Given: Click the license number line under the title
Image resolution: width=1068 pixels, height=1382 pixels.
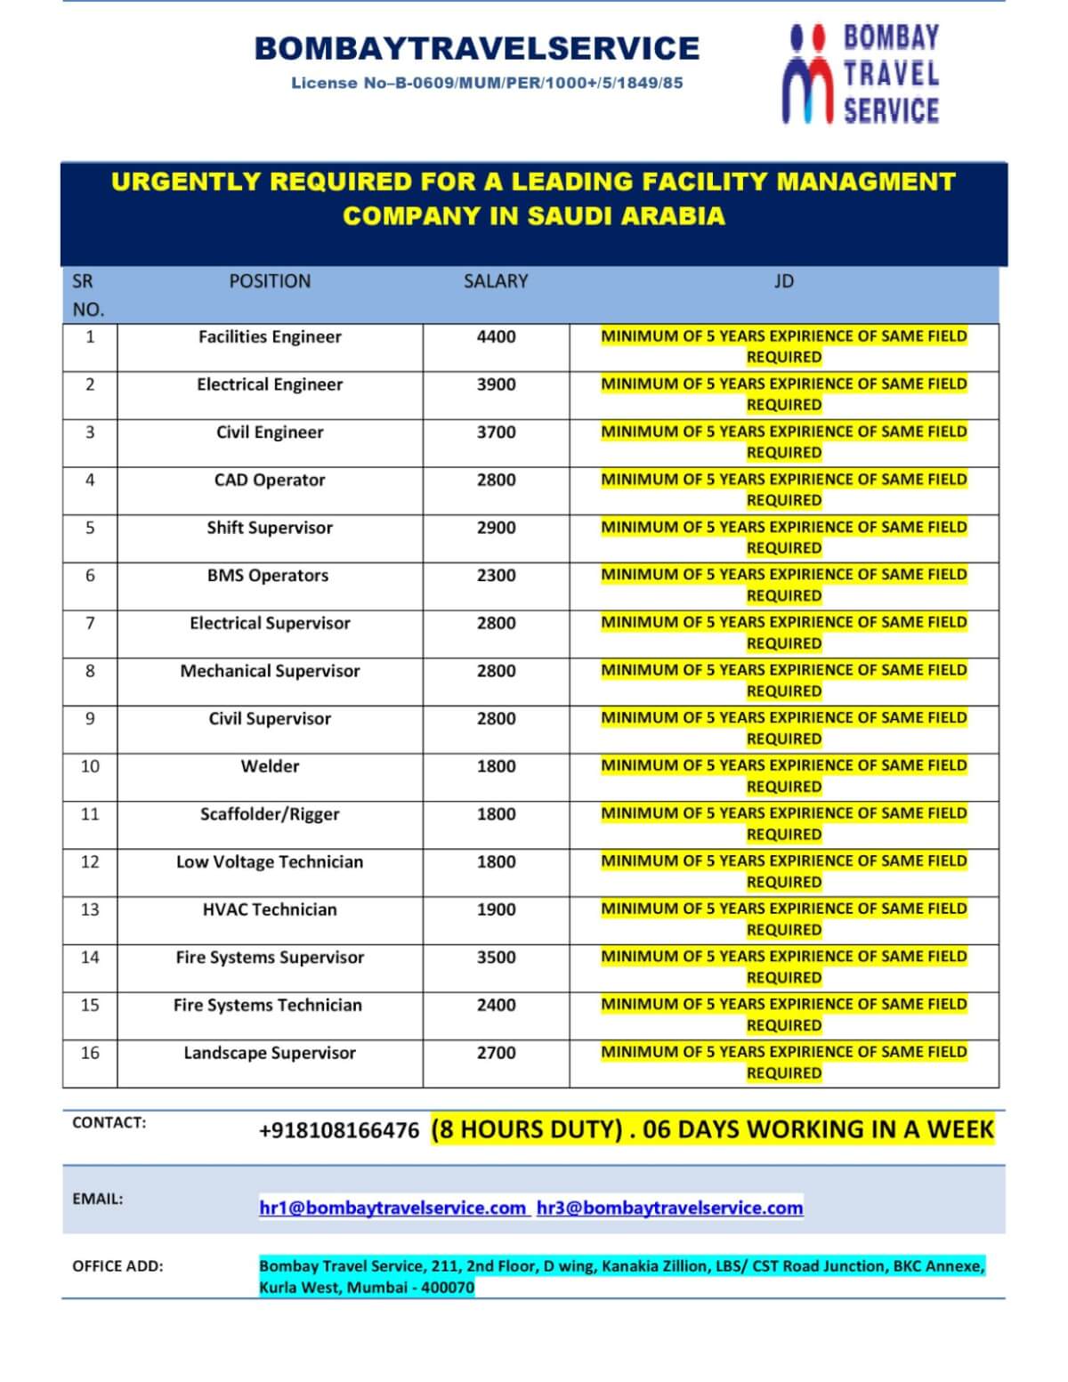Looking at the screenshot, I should [487, 83].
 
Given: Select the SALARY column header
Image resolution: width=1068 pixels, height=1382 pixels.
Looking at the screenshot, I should [496, 281].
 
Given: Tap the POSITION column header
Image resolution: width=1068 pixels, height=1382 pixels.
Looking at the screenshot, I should [270, 281].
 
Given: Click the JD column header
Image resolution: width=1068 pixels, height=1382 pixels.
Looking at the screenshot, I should [783, 281].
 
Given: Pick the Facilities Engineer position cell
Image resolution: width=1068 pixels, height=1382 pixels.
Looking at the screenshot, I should [270, 336].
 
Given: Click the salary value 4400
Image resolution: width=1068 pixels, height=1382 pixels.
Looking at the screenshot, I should [496, 336].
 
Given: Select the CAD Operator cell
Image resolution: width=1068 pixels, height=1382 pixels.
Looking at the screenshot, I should [270, 480].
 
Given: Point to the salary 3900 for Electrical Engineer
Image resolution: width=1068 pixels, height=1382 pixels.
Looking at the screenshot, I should [496, 384].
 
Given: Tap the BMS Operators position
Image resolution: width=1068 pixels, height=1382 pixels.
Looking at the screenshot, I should [268, 576].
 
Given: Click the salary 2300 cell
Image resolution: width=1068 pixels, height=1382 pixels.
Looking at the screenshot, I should [496, 576].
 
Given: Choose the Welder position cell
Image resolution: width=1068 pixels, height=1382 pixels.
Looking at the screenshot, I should [270, 766].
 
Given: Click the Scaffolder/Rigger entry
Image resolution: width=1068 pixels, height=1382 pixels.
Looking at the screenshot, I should [270, 814].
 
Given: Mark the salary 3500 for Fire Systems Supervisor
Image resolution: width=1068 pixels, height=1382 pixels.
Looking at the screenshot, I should [496, 958].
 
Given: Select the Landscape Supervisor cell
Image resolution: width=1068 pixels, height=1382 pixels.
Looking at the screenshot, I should [270, 1053].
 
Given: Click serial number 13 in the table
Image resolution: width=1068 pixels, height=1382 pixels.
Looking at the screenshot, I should [90, 909].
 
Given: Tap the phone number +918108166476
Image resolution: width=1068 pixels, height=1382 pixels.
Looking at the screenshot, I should [339, 1130].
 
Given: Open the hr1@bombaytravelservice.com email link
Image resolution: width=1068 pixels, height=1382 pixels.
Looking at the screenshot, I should [392, 1208].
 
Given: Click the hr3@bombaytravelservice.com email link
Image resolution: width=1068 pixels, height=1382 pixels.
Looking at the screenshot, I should [669, 1208].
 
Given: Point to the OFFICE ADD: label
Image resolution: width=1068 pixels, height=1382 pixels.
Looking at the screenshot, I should [117, 1266].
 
